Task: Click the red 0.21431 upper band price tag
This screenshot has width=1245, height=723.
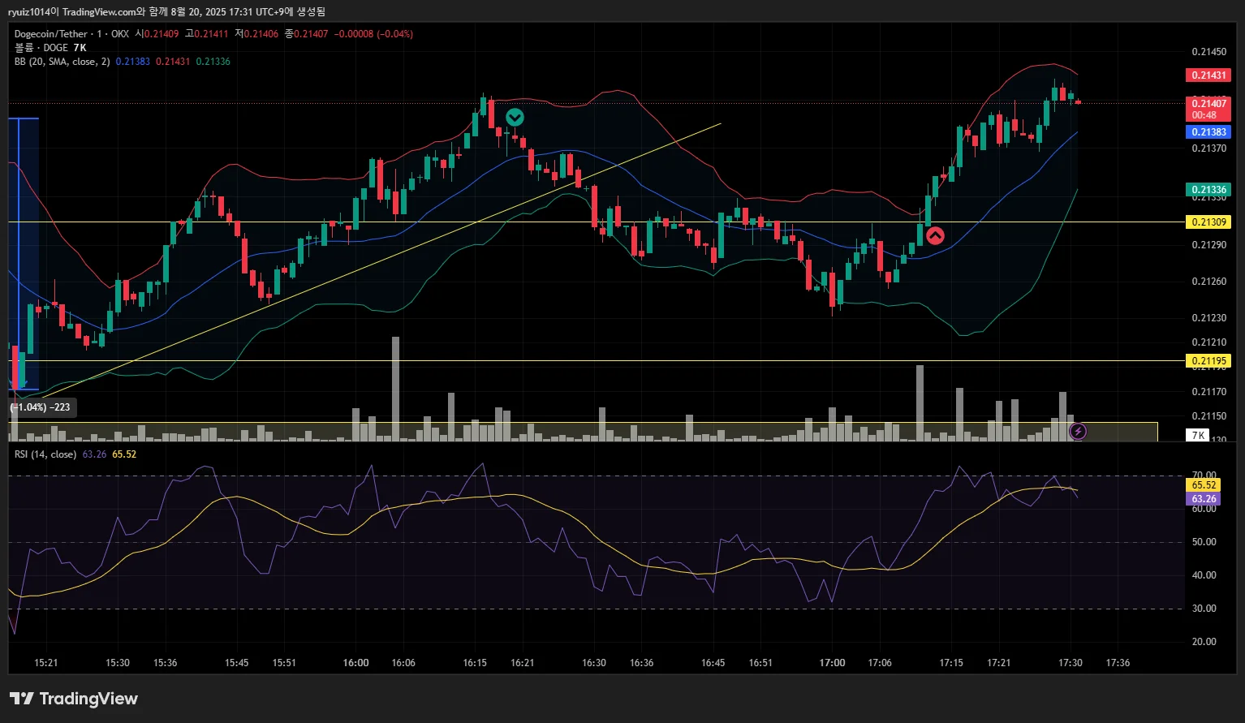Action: click(1208, 75)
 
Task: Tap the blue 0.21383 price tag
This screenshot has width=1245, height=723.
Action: click(1208, 132)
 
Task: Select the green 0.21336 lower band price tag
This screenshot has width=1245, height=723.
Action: click(1208, 190)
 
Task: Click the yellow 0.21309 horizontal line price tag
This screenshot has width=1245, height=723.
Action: click(1208, 222)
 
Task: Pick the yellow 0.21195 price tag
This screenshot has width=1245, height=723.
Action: click(1208, 361)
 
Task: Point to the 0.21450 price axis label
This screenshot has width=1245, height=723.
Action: click(1208, 52)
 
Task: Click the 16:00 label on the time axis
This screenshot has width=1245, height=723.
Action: click(355, 663)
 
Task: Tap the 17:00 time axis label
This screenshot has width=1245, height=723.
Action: click(832, 663)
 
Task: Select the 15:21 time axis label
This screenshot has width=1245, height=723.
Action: click(46, 663)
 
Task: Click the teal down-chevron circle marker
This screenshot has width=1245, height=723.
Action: click(515, 118)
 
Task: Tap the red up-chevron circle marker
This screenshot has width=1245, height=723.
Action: click(935, 236)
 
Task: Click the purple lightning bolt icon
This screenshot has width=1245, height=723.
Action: click(1078, 431)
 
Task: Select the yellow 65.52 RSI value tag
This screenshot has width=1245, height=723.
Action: click(1204, 485)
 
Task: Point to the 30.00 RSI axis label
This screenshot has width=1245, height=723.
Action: click(1204, 609)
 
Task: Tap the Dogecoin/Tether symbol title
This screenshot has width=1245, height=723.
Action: click(50, 34)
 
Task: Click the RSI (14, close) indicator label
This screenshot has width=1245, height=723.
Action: click(45, 454)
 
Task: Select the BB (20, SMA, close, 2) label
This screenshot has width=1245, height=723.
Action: click(62, 62)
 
